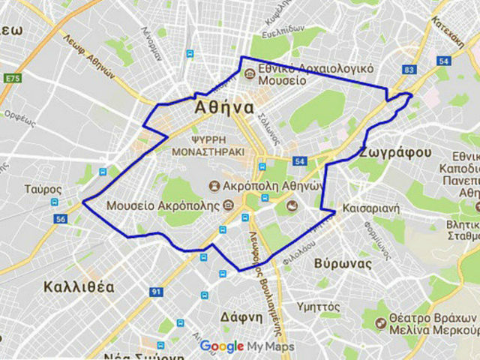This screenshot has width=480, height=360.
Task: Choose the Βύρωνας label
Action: (343, 264)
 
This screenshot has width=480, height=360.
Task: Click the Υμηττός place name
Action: (319, 306)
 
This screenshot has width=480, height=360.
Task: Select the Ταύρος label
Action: (37, 189)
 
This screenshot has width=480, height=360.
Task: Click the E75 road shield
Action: (13, 78)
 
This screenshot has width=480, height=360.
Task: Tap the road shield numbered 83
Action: (409, 70)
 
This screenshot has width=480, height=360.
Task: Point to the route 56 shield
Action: (61, 219)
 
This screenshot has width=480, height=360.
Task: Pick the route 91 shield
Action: (156, 291)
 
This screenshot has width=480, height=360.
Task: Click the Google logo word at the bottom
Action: (222, 346)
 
